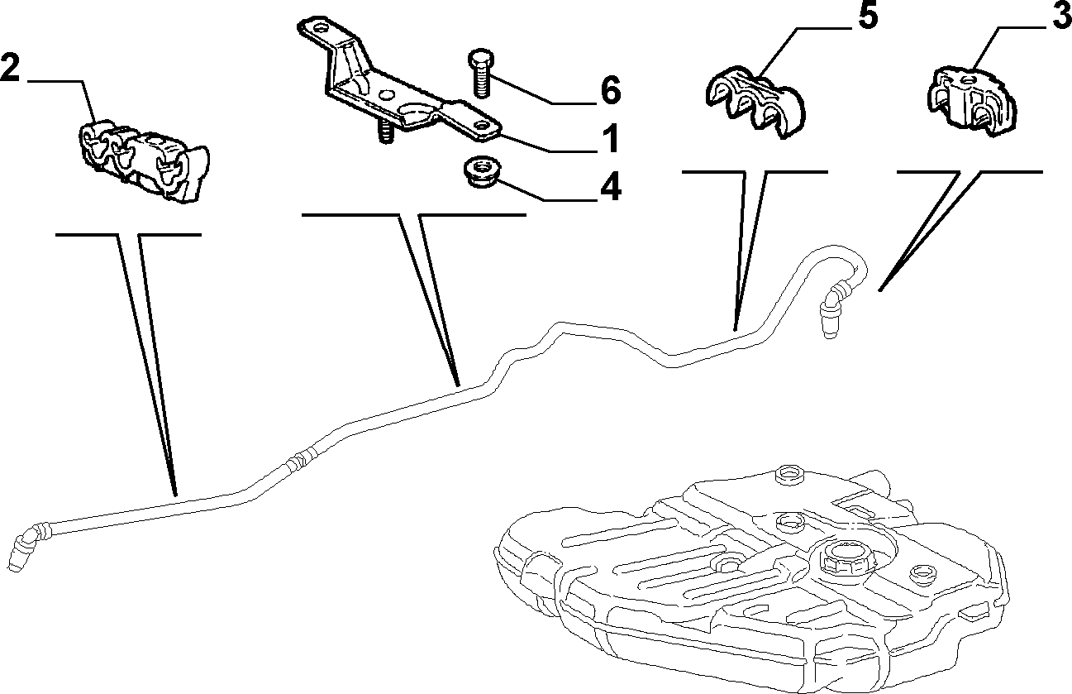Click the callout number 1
tap(609, 138)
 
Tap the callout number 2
tap(10, 68)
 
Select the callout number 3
tap(1061, 13)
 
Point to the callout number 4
tap(611, 186)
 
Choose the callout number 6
tap(611, 90)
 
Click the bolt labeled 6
tap(480, 73)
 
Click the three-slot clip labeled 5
tap(755, 102)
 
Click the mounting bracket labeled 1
tap(398, 81)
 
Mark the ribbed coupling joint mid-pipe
tap(301, 459)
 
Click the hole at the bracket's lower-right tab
tap(480, 125)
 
